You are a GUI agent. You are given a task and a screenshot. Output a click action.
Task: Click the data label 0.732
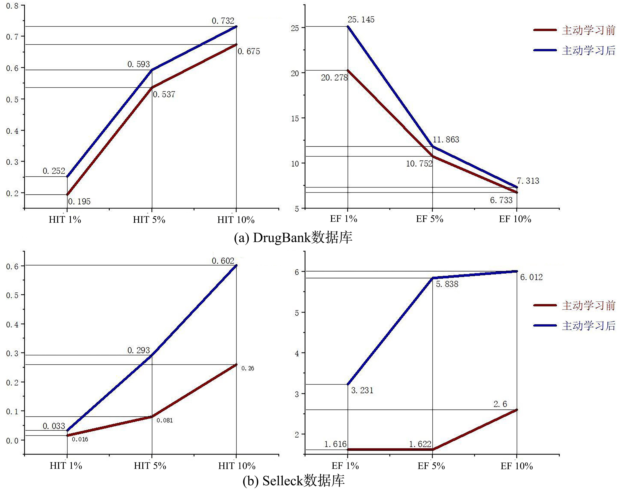point(223,21)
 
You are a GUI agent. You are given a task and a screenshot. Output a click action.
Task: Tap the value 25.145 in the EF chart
point(361,20)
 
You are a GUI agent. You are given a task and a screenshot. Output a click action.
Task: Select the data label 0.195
point(79,201)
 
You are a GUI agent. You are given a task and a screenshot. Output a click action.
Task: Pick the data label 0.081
point(165,420)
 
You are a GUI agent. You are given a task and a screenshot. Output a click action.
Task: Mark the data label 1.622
point(420,444)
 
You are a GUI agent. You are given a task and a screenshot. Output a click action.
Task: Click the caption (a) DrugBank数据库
point(293,238)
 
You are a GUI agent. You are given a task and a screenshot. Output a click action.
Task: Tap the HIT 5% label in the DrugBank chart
point(149,220)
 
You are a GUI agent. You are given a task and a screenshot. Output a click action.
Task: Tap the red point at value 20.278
point(348,70)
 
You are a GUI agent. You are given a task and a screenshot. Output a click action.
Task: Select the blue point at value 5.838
point(433,278)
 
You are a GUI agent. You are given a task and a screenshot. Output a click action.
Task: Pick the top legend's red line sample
point(545,30)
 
